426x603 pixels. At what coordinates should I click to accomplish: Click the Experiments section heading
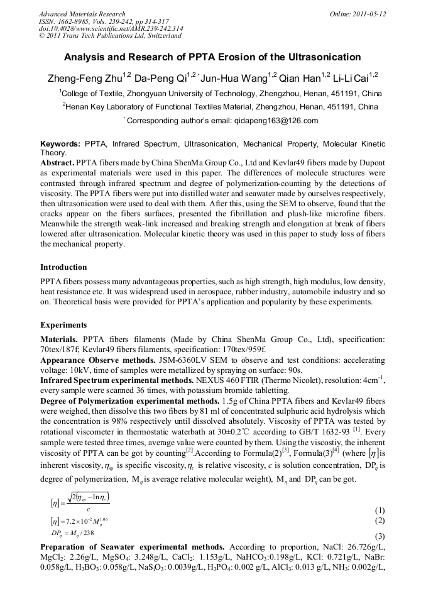(63, 325)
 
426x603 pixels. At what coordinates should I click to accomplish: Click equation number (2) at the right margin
(379, 521)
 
